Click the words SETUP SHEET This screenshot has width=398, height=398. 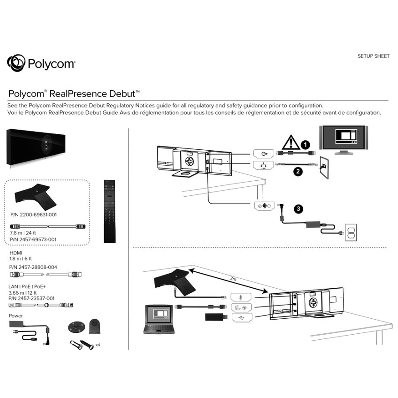coord(374,56)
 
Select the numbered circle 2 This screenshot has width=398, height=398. coord(298,171)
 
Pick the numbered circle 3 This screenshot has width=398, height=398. coord(298,209)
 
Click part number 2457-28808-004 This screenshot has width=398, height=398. coord(33,267)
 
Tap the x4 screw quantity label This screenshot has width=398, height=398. coord(97,345)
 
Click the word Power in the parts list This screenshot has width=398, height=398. coord(15,316)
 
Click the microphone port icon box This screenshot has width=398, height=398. coord(241,296)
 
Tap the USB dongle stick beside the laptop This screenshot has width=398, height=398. coord(214,317)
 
